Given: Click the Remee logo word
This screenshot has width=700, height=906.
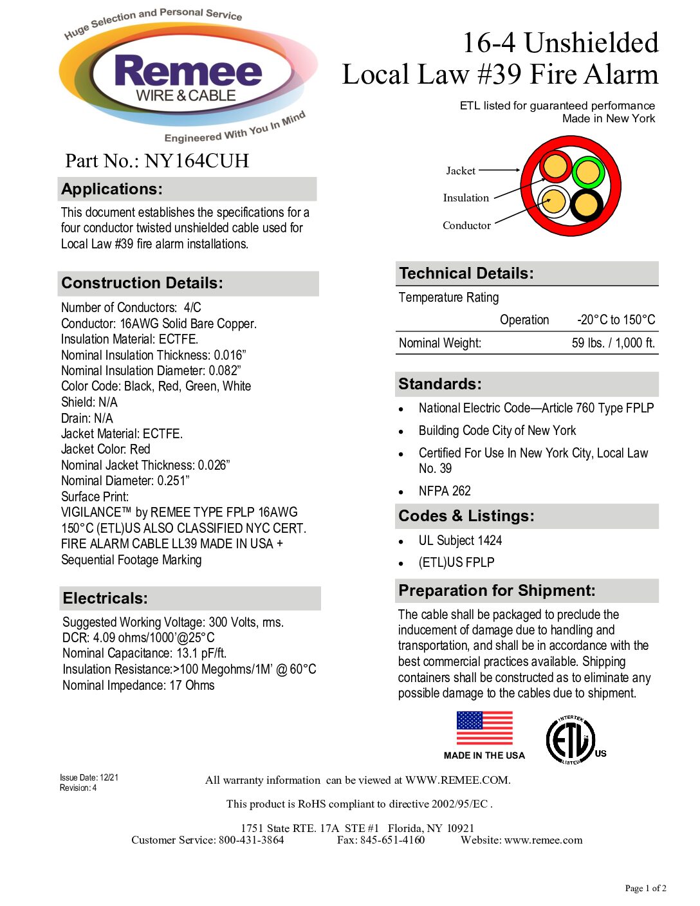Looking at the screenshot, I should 188,71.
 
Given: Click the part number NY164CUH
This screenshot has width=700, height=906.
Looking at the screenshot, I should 196,161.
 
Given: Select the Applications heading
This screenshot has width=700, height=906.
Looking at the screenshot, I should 112,189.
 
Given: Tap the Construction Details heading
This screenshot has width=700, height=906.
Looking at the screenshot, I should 142,283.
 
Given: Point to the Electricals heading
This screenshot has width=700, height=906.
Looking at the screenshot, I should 106,598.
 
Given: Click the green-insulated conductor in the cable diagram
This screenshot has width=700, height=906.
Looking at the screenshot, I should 587,172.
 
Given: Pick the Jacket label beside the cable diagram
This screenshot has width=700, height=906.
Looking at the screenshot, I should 461,171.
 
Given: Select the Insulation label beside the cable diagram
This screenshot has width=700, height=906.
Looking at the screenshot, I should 466,198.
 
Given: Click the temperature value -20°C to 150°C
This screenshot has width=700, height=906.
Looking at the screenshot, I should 616,320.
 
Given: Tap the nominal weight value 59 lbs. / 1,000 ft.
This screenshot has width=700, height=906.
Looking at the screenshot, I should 613,343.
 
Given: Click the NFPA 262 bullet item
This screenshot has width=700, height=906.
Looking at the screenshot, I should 445,491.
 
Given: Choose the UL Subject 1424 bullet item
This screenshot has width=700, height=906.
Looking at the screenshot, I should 460,541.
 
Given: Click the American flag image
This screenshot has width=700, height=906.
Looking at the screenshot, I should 484,728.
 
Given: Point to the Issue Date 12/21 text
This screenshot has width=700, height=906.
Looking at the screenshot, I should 89,777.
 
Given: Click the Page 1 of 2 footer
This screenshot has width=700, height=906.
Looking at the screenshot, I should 645,888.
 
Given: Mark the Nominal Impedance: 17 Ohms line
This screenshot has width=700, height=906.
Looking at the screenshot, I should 138,685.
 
